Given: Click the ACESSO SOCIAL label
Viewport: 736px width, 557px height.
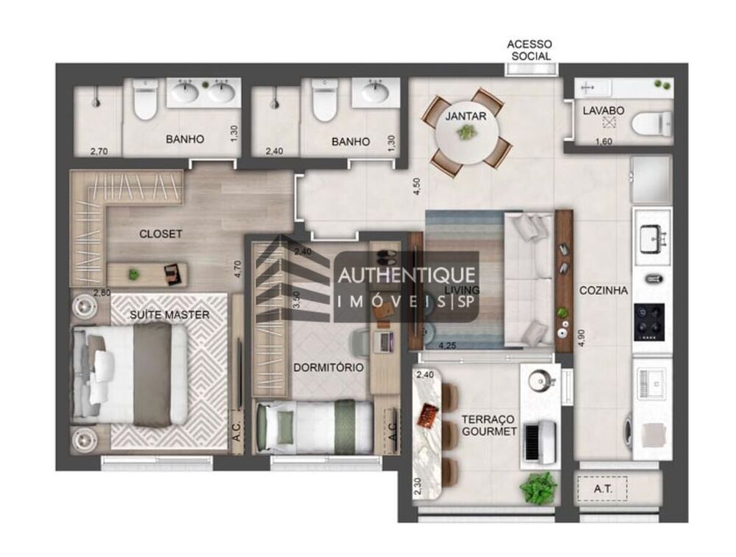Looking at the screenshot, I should [x=528, y=50].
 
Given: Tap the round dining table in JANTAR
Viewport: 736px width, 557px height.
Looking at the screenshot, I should [x=466, y=133].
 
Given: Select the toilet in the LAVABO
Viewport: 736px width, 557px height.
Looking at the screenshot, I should [x=652, y=123].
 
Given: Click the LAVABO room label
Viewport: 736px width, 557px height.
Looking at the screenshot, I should [x=604, y=110].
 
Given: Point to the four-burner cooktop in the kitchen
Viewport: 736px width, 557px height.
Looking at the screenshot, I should [x=649, y=322].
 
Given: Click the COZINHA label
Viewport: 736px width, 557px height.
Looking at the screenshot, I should [x=603, y=291].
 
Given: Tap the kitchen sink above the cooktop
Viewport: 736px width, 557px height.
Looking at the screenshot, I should [x=651, y=238].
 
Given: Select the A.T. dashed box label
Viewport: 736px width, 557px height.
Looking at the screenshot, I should [x=601, y=488].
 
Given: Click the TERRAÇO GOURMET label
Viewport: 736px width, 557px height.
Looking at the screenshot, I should [x=489, y=425].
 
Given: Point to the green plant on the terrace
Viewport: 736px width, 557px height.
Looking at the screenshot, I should [x=539, y=487].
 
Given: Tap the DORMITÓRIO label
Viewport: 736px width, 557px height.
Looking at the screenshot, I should [x=328, y=367].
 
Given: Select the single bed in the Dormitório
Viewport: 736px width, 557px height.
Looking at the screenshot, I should [x=315, y=426].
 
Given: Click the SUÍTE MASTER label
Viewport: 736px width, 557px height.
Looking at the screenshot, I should [x=170, y=315].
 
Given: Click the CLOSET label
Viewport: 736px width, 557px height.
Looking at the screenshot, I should [x=160, y=234].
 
